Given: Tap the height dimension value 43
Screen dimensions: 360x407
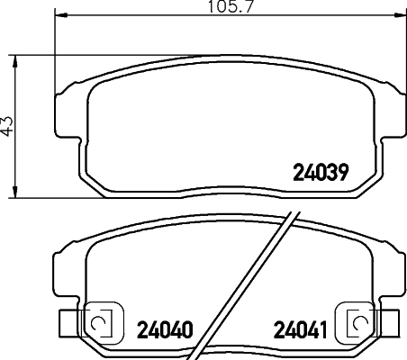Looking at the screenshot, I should pos(8,125).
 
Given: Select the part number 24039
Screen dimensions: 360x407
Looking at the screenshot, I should pos(320,171).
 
